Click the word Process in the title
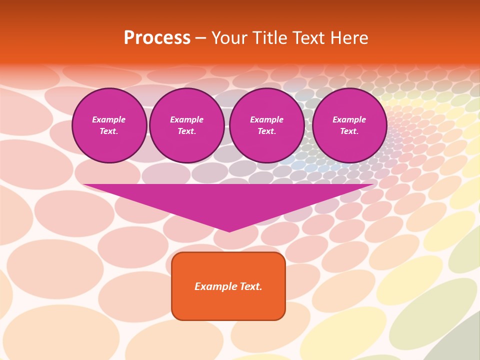(x=157, y=38)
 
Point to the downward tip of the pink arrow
(x=229, y=230)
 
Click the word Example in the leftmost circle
(x=109, y=119)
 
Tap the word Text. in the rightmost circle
(x=349, y=131)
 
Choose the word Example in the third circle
(x=267, y=119)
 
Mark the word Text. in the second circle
(x=187, y=131)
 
